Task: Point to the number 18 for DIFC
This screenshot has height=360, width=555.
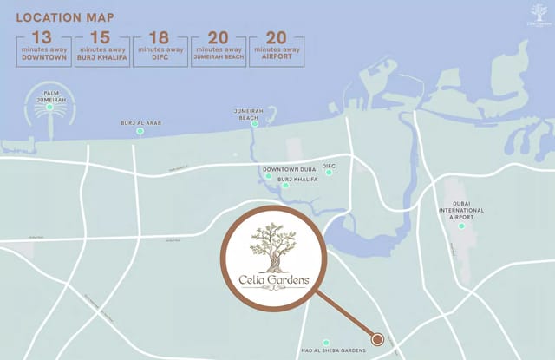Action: coord(160,37)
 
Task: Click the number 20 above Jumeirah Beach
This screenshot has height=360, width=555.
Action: coord(218,37)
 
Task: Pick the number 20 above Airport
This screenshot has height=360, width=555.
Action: coord(276,37)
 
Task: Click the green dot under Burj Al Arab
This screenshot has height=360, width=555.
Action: coord(140,133)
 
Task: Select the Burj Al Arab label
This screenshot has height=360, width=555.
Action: coord(140,123)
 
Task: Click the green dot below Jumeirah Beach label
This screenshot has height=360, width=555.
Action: coord(255,124)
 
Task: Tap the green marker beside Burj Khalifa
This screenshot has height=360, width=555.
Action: coord(285,185)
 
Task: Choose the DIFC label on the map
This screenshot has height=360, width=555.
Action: coord(329,165)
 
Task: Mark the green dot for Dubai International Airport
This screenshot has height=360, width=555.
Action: coord(461,226)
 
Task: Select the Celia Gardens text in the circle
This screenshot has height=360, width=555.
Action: coord(273,281)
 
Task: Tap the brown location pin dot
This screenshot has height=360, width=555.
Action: coord(377,338)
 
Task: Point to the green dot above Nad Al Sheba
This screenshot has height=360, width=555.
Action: coord(326,343)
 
